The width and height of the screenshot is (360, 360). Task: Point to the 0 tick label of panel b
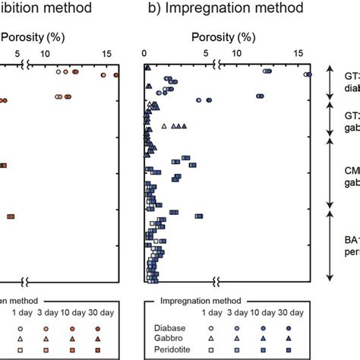(x=145, y=53)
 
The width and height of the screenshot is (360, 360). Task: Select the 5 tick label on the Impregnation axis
(x=207, y=53)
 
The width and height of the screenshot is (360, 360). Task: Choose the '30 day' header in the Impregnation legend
(x=291, y=314)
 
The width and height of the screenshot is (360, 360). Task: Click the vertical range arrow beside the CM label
(x=330, y=172)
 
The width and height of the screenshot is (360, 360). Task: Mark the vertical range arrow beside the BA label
(x=330, y=247)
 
